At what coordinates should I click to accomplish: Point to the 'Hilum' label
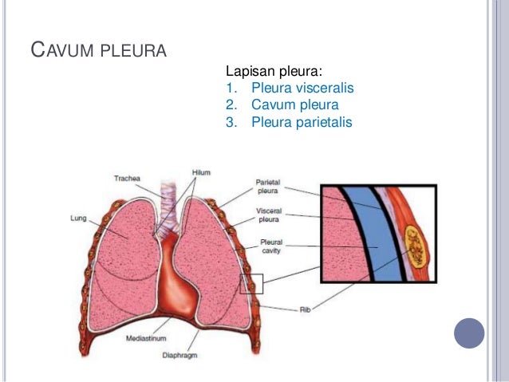click(202, 172)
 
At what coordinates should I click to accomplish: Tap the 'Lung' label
click(79, 217)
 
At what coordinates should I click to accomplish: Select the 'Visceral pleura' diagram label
click(267, 215)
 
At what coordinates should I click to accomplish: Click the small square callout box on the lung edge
click(252, 284)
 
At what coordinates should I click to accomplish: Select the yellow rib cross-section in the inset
click(416, 243)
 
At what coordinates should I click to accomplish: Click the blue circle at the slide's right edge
click(470, 332)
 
